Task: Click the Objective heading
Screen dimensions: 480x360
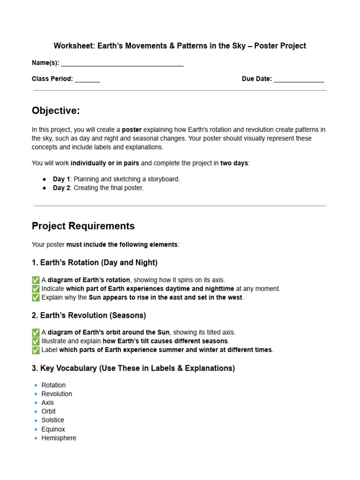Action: point(56,111)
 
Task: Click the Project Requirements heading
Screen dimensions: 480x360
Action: point(83,226)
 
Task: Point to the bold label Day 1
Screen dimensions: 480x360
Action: point(61,179)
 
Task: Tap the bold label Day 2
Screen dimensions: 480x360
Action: point(61,188)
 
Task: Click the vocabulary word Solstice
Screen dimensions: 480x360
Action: point(52,420)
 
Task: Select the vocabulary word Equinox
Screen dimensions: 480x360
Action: point(53,429)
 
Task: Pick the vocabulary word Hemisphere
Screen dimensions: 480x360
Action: point(59,438)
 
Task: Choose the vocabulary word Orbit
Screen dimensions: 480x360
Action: point(48,411)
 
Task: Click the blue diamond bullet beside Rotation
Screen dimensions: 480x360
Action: point(36,385)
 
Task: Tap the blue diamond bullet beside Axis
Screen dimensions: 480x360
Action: point(36,403)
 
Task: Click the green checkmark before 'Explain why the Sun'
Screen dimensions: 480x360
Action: point(36,298)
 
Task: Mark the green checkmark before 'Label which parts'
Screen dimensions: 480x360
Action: point(36,350)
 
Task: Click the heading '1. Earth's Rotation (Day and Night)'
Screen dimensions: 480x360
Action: point(95,262)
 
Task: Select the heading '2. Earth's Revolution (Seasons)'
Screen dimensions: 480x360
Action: point(89,315)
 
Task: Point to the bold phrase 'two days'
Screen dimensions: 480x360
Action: point(234,163)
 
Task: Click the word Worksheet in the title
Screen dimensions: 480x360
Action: point(71,46)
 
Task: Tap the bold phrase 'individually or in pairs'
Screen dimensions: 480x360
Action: point(105,163)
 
